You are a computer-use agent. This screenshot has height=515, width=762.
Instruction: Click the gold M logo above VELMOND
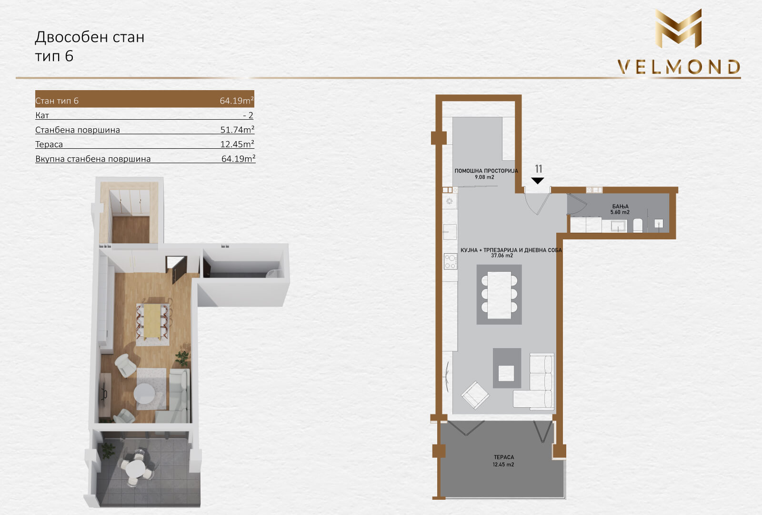[x=678, y=29]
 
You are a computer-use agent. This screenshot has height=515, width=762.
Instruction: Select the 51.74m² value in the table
[x=237, y=129]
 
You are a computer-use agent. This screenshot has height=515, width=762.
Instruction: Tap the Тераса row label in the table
[x=49, y=144]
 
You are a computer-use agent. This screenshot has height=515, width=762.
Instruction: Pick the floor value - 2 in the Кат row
[x=248, y=115]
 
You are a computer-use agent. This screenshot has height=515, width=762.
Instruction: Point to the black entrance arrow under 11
[x=538, y=181]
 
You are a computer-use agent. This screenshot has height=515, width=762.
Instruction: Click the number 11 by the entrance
[x=539, y=169]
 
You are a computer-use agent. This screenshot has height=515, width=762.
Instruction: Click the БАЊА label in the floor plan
[x=620, y=206]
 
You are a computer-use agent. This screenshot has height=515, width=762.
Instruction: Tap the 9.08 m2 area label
[x=484, y=177]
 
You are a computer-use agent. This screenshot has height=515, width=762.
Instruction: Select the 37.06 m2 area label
[x=502, y=256]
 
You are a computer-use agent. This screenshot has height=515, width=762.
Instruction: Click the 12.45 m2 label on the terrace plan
[x=503, y=464]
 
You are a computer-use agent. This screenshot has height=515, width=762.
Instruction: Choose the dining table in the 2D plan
[x=499, y=295]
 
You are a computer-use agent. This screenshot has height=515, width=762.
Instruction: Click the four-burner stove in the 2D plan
[x=451, y=261]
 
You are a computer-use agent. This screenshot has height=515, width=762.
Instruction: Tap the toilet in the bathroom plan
[x=638, y=226]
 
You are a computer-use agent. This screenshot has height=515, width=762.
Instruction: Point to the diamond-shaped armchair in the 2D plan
[x=475, y=395]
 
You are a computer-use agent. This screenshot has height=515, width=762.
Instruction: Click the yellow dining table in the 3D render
[x=153, y=321]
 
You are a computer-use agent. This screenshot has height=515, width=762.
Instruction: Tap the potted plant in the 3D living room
[x=183, y=358]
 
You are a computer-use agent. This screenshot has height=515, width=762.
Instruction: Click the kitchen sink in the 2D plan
[x=450, y=232]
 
